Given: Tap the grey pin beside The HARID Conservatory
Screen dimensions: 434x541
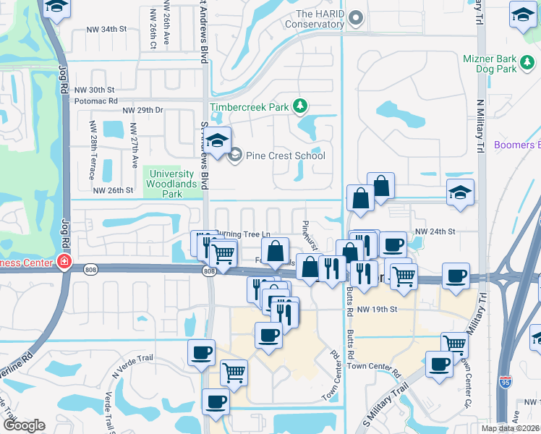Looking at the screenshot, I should [x=355, y=17].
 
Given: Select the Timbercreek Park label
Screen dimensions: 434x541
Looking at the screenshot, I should [x=249, y=108].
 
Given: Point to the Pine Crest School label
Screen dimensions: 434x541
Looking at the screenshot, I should [x=285, y=156].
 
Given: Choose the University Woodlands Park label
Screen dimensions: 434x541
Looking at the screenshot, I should [x=172, y=184].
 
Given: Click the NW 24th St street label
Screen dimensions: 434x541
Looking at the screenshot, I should [x=434, y=231].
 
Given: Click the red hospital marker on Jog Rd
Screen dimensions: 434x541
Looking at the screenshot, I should [x=64, y=261].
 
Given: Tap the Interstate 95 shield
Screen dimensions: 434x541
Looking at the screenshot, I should [x=504, y=380].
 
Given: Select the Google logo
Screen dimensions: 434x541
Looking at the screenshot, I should [x=23, y=425].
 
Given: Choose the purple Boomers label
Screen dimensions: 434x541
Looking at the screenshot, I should [x=516, y=145].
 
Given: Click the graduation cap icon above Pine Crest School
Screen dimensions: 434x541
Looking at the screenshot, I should [x=217, y=140].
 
